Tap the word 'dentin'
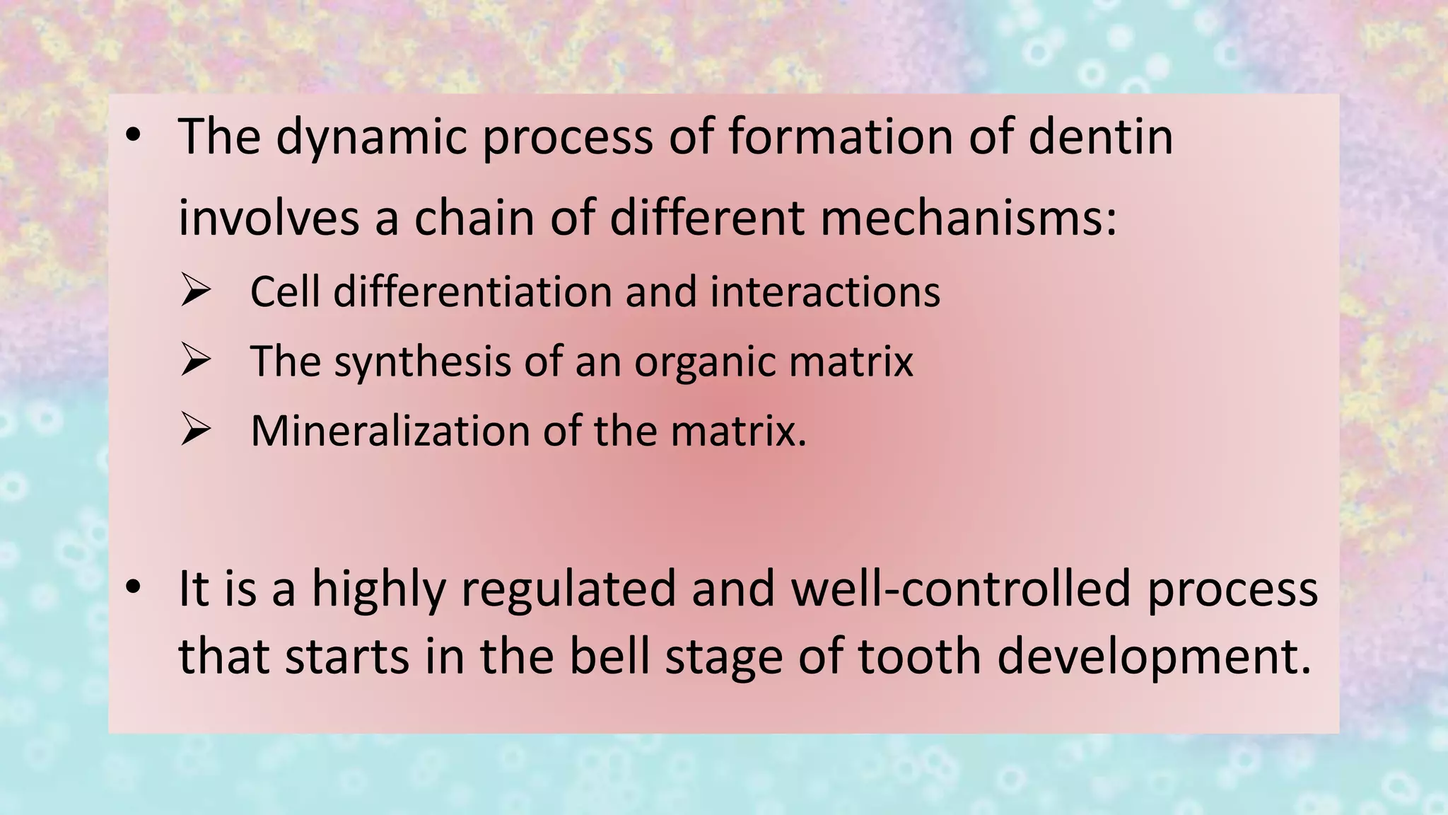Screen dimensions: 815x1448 click(x=1101, y=137)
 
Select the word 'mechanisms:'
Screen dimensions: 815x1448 click(x=969, y=218)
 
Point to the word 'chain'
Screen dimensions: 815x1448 click(x=475, y=218)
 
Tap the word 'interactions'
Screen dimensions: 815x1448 click(x=825, y=291)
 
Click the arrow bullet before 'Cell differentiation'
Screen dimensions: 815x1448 click(x=196, y=291)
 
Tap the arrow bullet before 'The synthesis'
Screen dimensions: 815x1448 click(x=196, y=360)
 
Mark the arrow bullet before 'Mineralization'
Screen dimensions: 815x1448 click(x=196, y=429)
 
